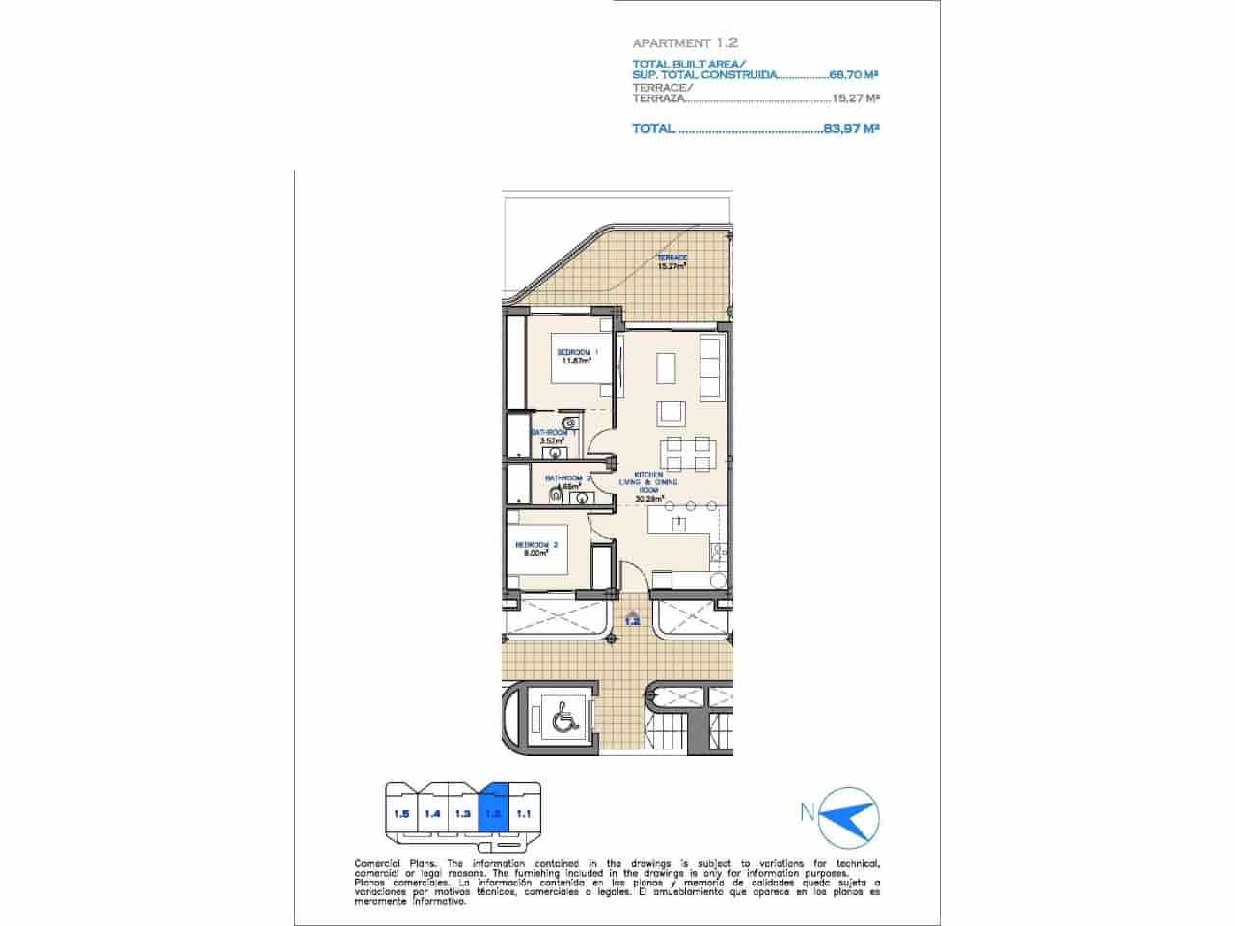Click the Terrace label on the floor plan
coord(672,261)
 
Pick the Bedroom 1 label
coord(576,356)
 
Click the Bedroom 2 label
coord(541,549)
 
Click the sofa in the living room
coord(709,369)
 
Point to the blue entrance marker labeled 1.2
coord(633,618)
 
